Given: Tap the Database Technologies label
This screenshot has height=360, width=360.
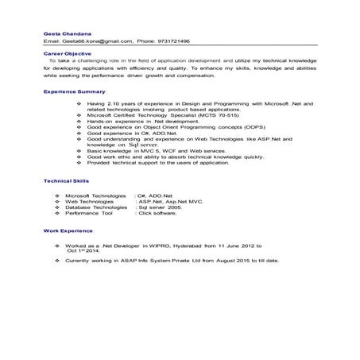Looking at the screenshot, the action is [95, 207].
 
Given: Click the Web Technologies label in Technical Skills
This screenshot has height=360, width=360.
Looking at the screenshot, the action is [89, 201].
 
